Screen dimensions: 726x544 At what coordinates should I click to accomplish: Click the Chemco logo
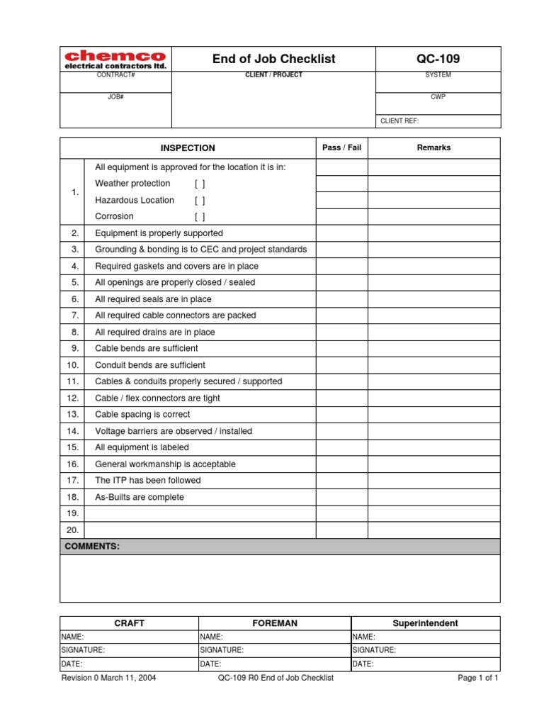click(115, 59)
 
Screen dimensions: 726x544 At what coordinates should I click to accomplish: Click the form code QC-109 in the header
click(438, 59)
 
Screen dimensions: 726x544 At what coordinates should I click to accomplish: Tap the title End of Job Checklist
click(273, 59)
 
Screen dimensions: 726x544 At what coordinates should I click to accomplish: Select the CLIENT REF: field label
click(399, 121)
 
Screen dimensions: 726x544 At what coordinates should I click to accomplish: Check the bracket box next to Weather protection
click(200, 184)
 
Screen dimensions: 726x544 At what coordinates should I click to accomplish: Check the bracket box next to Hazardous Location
click(200, 201)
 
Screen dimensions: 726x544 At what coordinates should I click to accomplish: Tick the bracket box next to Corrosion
click(200, 217)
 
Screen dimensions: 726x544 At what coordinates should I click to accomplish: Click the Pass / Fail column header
click(341, 147)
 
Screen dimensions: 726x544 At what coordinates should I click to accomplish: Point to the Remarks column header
click(433, 147)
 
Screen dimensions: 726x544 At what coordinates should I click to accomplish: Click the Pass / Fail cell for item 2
click(341, 233)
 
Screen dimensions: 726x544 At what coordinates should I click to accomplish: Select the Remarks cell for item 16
click(433, 464)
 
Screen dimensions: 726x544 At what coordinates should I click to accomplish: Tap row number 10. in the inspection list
click(72, 365)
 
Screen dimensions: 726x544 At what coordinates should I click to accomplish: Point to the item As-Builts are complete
click(140, 497)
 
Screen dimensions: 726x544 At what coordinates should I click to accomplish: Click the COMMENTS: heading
click(92, 547)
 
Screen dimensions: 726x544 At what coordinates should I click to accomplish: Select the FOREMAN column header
click(275, 623)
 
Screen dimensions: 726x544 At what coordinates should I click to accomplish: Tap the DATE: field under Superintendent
click(425, 664)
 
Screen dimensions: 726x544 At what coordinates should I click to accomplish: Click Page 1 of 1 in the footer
click(478, 678)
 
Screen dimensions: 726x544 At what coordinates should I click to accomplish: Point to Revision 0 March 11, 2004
click(109, 678)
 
